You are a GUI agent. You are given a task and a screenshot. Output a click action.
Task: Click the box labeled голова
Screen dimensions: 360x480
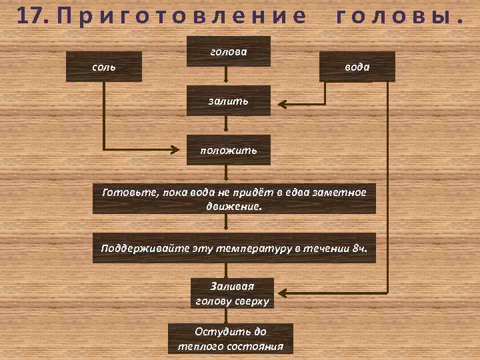pyautogui.click(x=228, y=51)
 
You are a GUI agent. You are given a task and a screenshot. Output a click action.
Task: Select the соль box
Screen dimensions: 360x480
pyautogui.click(x=103, y=67)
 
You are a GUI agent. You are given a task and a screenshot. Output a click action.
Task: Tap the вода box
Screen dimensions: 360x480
pyautogui.click(x=357, y=67)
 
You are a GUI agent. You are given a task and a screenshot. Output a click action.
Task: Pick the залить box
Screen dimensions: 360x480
pyautogui.click(x=228, y=101)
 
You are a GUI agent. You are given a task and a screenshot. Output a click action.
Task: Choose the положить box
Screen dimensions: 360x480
pyautogui.click(x=228, y=150)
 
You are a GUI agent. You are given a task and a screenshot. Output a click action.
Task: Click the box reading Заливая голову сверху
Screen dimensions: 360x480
pyautogui.click(x=232, y=293)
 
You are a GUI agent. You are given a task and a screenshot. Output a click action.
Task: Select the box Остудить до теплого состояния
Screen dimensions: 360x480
pyautogui.click(x=230, y=339)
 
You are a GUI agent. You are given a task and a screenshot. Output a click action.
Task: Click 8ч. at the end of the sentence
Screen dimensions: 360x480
pyautogui.click(x=359, y=248)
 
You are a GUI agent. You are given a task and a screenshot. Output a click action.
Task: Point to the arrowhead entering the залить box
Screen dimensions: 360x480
pyautogui.click(x=281, y=104)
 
